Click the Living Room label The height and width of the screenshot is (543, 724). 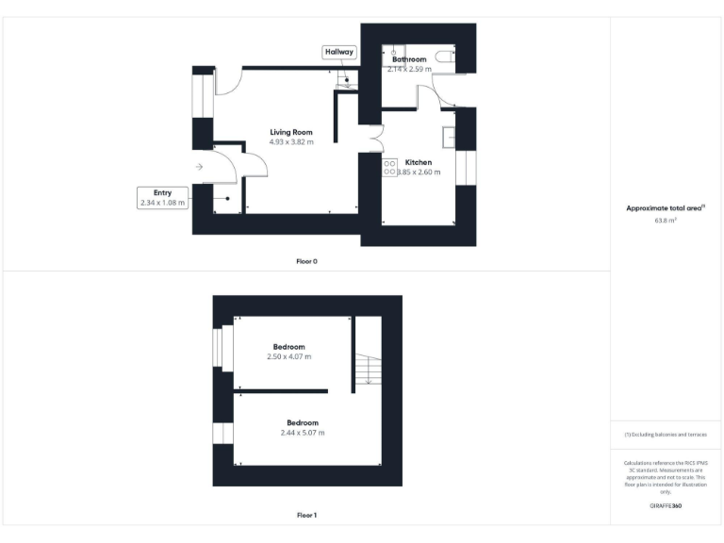290,132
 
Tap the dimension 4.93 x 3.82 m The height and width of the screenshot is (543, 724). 290,142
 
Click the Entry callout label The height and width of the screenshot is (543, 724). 163,192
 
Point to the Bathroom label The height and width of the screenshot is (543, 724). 409,59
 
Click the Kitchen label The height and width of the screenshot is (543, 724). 419,162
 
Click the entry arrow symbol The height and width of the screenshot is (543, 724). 199,167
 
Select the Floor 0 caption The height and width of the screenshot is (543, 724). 307,260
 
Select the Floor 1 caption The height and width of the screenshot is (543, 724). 307,515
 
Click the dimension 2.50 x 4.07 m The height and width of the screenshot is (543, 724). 288,357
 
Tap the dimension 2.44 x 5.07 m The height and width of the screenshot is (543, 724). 302,433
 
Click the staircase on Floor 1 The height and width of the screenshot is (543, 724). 367,369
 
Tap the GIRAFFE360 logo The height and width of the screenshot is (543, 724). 666,506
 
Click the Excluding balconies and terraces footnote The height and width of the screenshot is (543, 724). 666,435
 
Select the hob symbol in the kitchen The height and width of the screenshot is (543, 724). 389,167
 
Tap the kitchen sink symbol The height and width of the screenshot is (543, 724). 451,138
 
